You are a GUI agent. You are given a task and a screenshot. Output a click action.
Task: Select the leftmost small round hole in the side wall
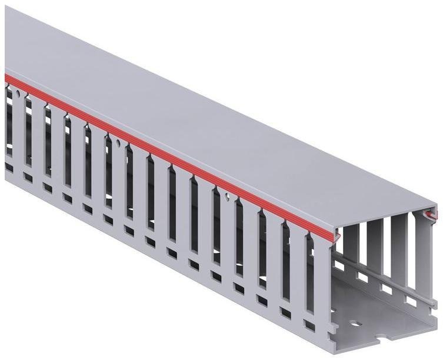[19, 94]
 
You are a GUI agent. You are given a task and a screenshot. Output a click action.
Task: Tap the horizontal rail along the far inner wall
[382, 276]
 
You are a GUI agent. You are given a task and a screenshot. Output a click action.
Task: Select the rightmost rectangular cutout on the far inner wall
[412, 301]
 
